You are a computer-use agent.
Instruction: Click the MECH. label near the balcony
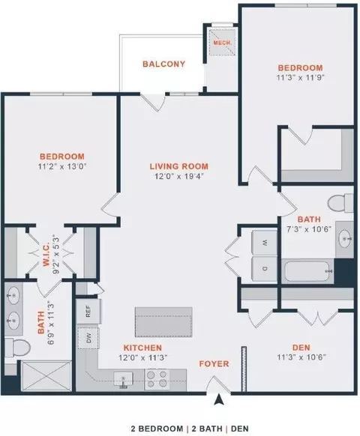(222, 43)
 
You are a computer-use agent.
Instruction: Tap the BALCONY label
(164, 64)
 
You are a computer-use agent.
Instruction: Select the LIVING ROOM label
(179, 166)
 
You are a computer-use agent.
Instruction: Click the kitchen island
(163, 322)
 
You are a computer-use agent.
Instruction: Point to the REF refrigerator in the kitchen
(88, 311)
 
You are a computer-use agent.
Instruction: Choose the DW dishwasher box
(88, 338)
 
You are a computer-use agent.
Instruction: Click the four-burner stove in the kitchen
(157, 380)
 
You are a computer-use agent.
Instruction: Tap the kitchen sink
(123, 380)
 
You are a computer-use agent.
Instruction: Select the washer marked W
(265, 243)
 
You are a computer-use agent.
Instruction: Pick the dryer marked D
(265, 269)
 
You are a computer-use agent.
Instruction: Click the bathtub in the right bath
(308, 271)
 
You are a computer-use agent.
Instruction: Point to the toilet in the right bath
(340, 204)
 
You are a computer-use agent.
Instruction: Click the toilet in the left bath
(17, 348)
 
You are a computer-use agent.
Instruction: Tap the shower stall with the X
(46, 375)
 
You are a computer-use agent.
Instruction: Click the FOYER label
(214, 363)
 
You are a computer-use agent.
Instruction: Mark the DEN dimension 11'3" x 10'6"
(301, 357)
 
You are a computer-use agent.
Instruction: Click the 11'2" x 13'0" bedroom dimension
(62, 166)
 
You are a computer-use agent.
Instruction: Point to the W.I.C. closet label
(46, 255)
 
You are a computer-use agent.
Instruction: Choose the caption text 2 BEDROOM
(157, 429)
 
